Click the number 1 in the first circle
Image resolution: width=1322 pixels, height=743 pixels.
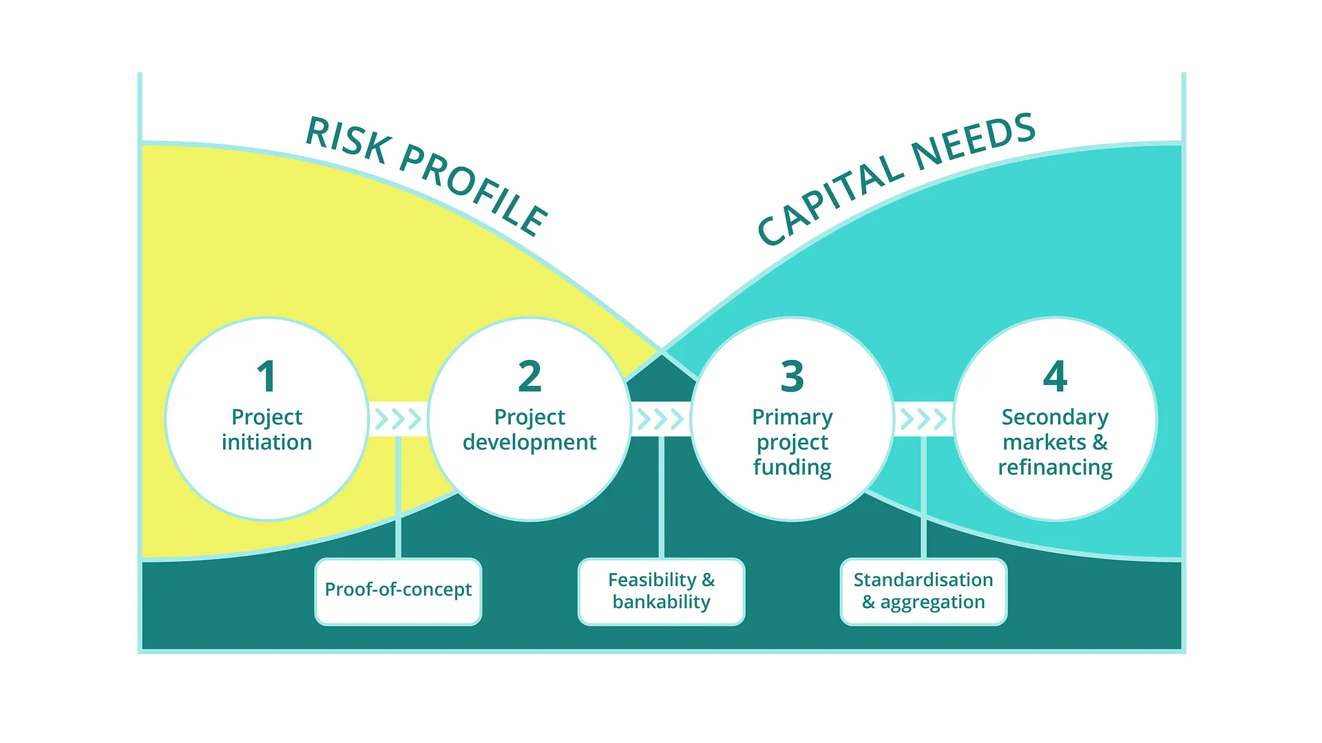point(266,376)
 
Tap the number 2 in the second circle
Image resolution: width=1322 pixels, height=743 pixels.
point(529,376)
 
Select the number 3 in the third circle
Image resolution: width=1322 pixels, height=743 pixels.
point(793,376)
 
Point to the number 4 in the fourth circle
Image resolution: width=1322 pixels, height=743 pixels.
point(1055,376)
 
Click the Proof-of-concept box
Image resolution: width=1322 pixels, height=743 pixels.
point(398,592)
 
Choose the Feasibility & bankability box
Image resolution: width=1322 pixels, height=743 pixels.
point(661,592)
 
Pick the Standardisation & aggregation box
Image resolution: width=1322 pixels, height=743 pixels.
point(923,592)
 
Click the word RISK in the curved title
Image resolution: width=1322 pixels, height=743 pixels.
point(348,140)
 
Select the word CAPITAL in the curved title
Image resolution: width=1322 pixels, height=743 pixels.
point(830,200)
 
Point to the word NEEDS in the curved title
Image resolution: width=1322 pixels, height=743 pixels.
point(974,141)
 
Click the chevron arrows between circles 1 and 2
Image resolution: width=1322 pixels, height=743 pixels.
point(398,419)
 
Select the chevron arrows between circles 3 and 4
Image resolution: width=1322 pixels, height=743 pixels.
point(923,419)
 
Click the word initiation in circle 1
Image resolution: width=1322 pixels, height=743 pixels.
point(266,442)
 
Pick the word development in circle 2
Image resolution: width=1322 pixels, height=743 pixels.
point(529,443)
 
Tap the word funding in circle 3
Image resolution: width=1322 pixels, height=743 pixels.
point(793,468)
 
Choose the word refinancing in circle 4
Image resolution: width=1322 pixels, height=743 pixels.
point(1055,468)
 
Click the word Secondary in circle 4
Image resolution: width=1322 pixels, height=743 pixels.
point(1055,418)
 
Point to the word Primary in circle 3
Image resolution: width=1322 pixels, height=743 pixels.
point(793,418)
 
